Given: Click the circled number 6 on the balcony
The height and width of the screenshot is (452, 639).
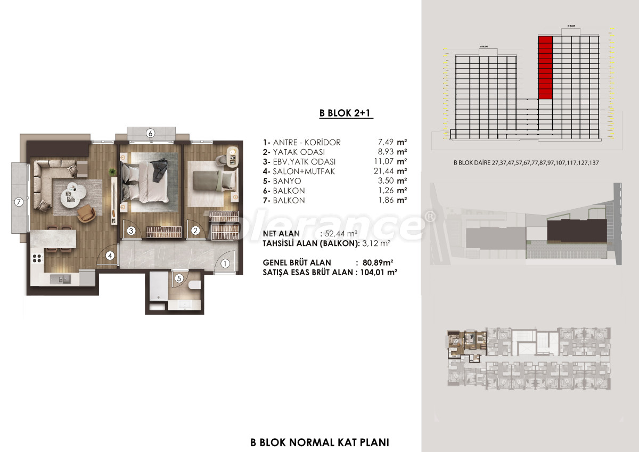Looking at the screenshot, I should point(151,134).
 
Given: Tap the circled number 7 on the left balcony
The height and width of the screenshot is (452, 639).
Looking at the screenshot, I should point(19,202).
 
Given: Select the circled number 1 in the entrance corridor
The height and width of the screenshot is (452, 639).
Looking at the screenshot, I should point(224,262).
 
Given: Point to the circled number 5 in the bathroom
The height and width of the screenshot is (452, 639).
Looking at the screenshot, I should point(179,277).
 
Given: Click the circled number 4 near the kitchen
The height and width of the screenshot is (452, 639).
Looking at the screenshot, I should point(110,256).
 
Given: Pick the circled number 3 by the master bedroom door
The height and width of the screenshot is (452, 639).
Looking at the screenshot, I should point(131,231).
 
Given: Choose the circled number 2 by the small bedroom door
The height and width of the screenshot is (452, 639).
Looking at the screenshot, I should point(195,231).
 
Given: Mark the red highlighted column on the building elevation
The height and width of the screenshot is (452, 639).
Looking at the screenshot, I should point(545,68).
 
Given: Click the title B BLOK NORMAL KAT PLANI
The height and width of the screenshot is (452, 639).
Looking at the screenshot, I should point(319,442).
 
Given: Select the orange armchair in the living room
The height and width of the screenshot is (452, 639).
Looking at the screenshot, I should point(87,214).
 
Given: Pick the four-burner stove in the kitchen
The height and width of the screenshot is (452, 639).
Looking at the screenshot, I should point(37,259).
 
